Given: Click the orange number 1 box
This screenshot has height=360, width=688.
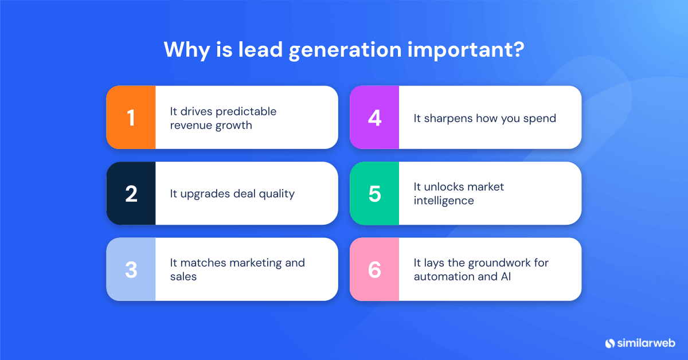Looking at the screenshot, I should [131, 118].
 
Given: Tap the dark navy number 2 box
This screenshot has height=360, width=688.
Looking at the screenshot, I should [131, 193].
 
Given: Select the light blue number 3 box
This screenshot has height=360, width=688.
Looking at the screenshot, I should [131, 269].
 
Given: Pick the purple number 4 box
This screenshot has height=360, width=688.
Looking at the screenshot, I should [374, 118].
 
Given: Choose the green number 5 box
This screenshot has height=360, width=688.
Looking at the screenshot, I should [374, 193].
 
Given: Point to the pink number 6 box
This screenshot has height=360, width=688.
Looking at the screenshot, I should [374, 269].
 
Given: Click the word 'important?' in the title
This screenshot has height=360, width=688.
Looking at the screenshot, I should [466, 49].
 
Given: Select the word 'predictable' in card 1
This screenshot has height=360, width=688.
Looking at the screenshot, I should [247, 111].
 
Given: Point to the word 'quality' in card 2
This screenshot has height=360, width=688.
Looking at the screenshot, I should [276, 194].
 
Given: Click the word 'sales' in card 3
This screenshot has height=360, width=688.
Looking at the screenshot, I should [183, 277].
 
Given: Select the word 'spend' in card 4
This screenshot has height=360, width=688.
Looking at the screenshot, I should [540, 119].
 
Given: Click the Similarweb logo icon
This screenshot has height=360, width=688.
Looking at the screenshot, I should [610, 343].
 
